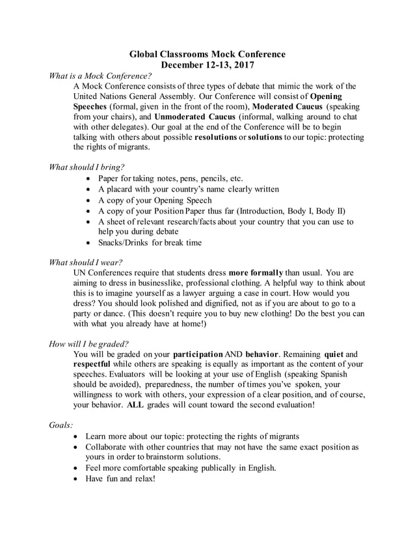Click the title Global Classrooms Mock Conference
point(207,54)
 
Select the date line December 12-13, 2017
point(207,65)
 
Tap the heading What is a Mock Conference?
point(100,76)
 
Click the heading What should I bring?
point(87,167)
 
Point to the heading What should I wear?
point(86,262)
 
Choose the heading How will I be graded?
point(89,344)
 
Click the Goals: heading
point(62,425)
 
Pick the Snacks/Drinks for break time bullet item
point(150,243)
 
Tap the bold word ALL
point(135,404)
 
